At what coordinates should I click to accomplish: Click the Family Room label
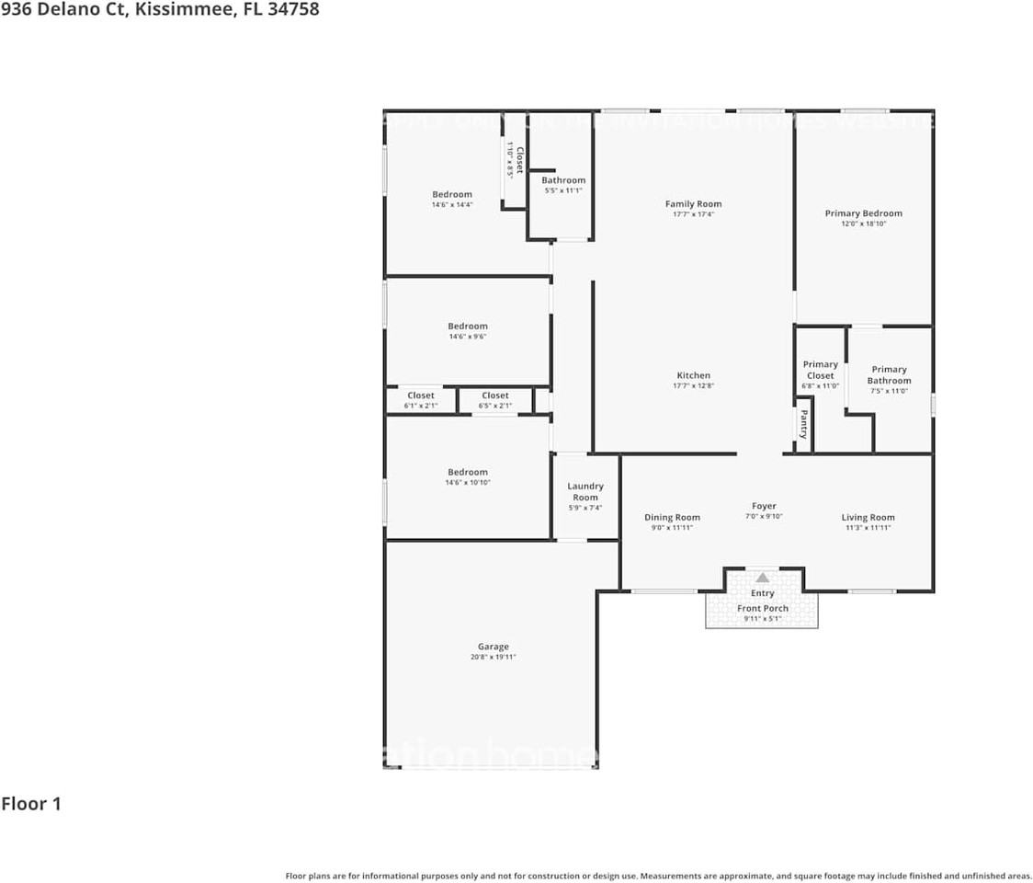click(693, 204)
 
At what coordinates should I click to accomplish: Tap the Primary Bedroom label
click(863, 213)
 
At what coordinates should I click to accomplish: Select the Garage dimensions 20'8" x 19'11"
click(493, 658)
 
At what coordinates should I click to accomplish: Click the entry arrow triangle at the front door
click(762, 578)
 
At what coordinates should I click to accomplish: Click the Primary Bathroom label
click(889, 374)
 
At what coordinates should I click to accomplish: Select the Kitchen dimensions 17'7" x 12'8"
click(693, 386)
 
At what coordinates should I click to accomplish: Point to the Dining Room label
click(672, 518)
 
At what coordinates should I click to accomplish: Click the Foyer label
click(764, 506)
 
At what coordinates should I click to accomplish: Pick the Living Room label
click(868, 518)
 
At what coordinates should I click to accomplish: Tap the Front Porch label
click(762, 609)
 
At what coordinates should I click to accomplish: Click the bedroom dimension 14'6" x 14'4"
click(452, 205)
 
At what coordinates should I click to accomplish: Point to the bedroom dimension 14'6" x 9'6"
click(468, 337)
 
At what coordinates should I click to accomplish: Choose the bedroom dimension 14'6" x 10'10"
click(468, 483)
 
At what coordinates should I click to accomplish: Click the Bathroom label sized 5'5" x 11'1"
click(562, 180)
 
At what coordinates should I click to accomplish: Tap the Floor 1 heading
click(31, 804)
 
